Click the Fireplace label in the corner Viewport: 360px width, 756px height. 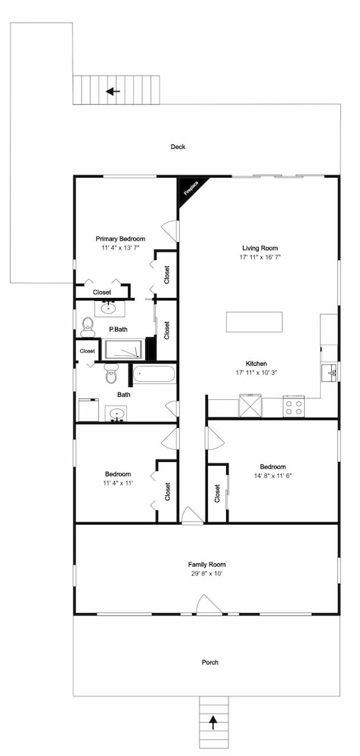coord(191,188)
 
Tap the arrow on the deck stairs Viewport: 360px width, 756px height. coord(113,91)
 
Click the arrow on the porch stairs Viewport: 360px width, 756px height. coord(213,722)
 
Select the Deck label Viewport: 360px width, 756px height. coord(178,147)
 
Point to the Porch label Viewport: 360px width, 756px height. coord(210,662)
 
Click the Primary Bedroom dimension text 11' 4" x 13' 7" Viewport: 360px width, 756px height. coord(120,248)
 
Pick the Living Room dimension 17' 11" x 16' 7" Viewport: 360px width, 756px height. coord(261,257)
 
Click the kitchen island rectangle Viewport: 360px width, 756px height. coord(254,321)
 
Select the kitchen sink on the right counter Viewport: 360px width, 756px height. coord(330,373)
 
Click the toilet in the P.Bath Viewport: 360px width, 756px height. coord(88,327)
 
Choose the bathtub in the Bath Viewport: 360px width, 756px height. coord(154,374)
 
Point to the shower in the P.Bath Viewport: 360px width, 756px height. coord(125,349)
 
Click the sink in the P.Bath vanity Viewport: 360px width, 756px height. coord(109,308)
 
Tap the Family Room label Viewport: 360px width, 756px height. coord(206,564)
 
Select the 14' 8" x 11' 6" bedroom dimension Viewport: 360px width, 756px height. coord(273,475)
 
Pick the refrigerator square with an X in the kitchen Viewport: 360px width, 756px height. coord(250,406)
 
